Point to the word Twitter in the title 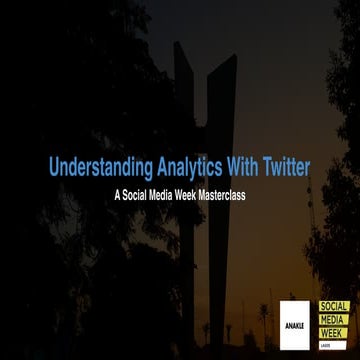tap(285, 167)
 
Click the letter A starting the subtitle tap(117, 195)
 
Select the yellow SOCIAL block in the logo tap(334, 307)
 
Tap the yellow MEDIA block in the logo tap(334, 319)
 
